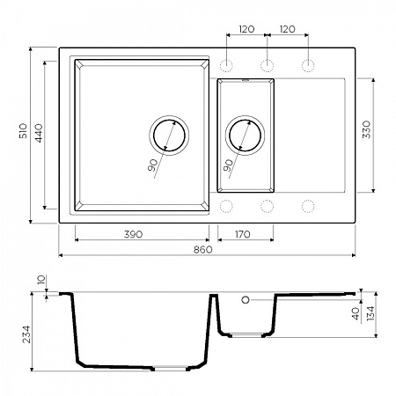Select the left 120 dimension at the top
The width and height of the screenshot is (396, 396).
point(246,29)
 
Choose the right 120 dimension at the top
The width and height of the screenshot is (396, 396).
point(288,29)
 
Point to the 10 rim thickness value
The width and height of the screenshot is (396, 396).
point(41,282)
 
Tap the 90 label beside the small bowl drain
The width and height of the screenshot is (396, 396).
point(229,165)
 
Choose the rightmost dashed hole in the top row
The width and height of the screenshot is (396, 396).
point(309,65)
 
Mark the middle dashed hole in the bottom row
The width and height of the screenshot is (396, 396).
point(267,206)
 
